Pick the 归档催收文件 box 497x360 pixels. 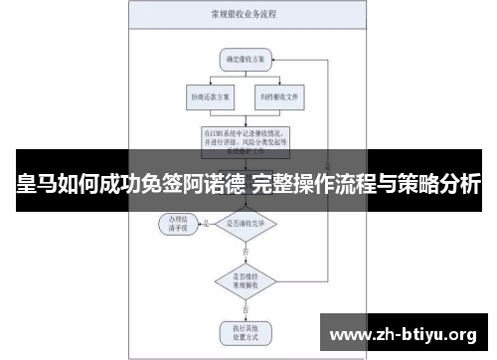pos(278,97)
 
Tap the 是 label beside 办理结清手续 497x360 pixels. pos(207,222)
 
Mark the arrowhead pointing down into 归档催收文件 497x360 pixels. pos(278,86)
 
